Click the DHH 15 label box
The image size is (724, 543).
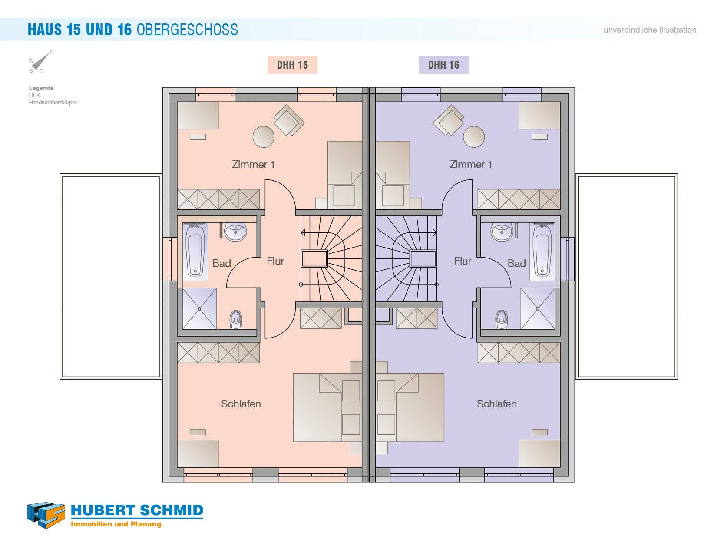(x=292, y=65)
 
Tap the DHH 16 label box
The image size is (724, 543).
(x=443, y=65)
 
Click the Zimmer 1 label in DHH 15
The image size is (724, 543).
(x=253, y=164)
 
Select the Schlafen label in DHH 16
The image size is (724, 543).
(x=497, y=404)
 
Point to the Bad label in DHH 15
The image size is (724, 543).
(x=221, y=263)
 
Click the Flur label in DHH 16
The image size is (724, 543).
(x=463, y=261)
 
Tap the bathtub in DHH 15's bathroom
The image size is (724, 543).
(x=195, y=252)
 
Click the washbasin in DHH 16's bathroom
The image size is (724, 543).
(x=502, y=231)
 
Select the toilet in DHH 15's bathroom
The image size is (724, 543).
(x=235, y=319)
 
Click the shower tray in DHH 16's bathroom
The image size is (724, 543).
(x=538, y=309)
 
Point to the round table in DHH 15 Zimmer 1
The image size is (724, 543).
(x=263, y=136)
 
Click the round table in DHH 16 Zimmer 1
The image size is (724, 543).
(x=474, y=136)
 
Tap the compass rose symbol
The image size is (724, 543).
(x=41, y=62)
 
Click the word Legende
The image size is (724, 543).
(x=41, y=88)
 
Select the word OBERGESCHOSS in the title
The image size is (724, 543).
(x=187, y=30)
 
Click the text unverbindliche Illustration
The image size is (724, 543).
(x=650, y=30)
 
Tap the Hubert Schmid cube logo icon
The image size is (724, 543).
(x=46, y=515)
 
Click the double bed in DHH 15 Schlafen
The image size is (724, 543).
(x=327, y=407)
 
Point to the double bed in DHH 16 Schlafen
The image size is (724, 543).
(x=410, y=407)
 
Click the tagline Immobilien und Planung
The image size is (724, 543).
(x=116, y=524)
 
